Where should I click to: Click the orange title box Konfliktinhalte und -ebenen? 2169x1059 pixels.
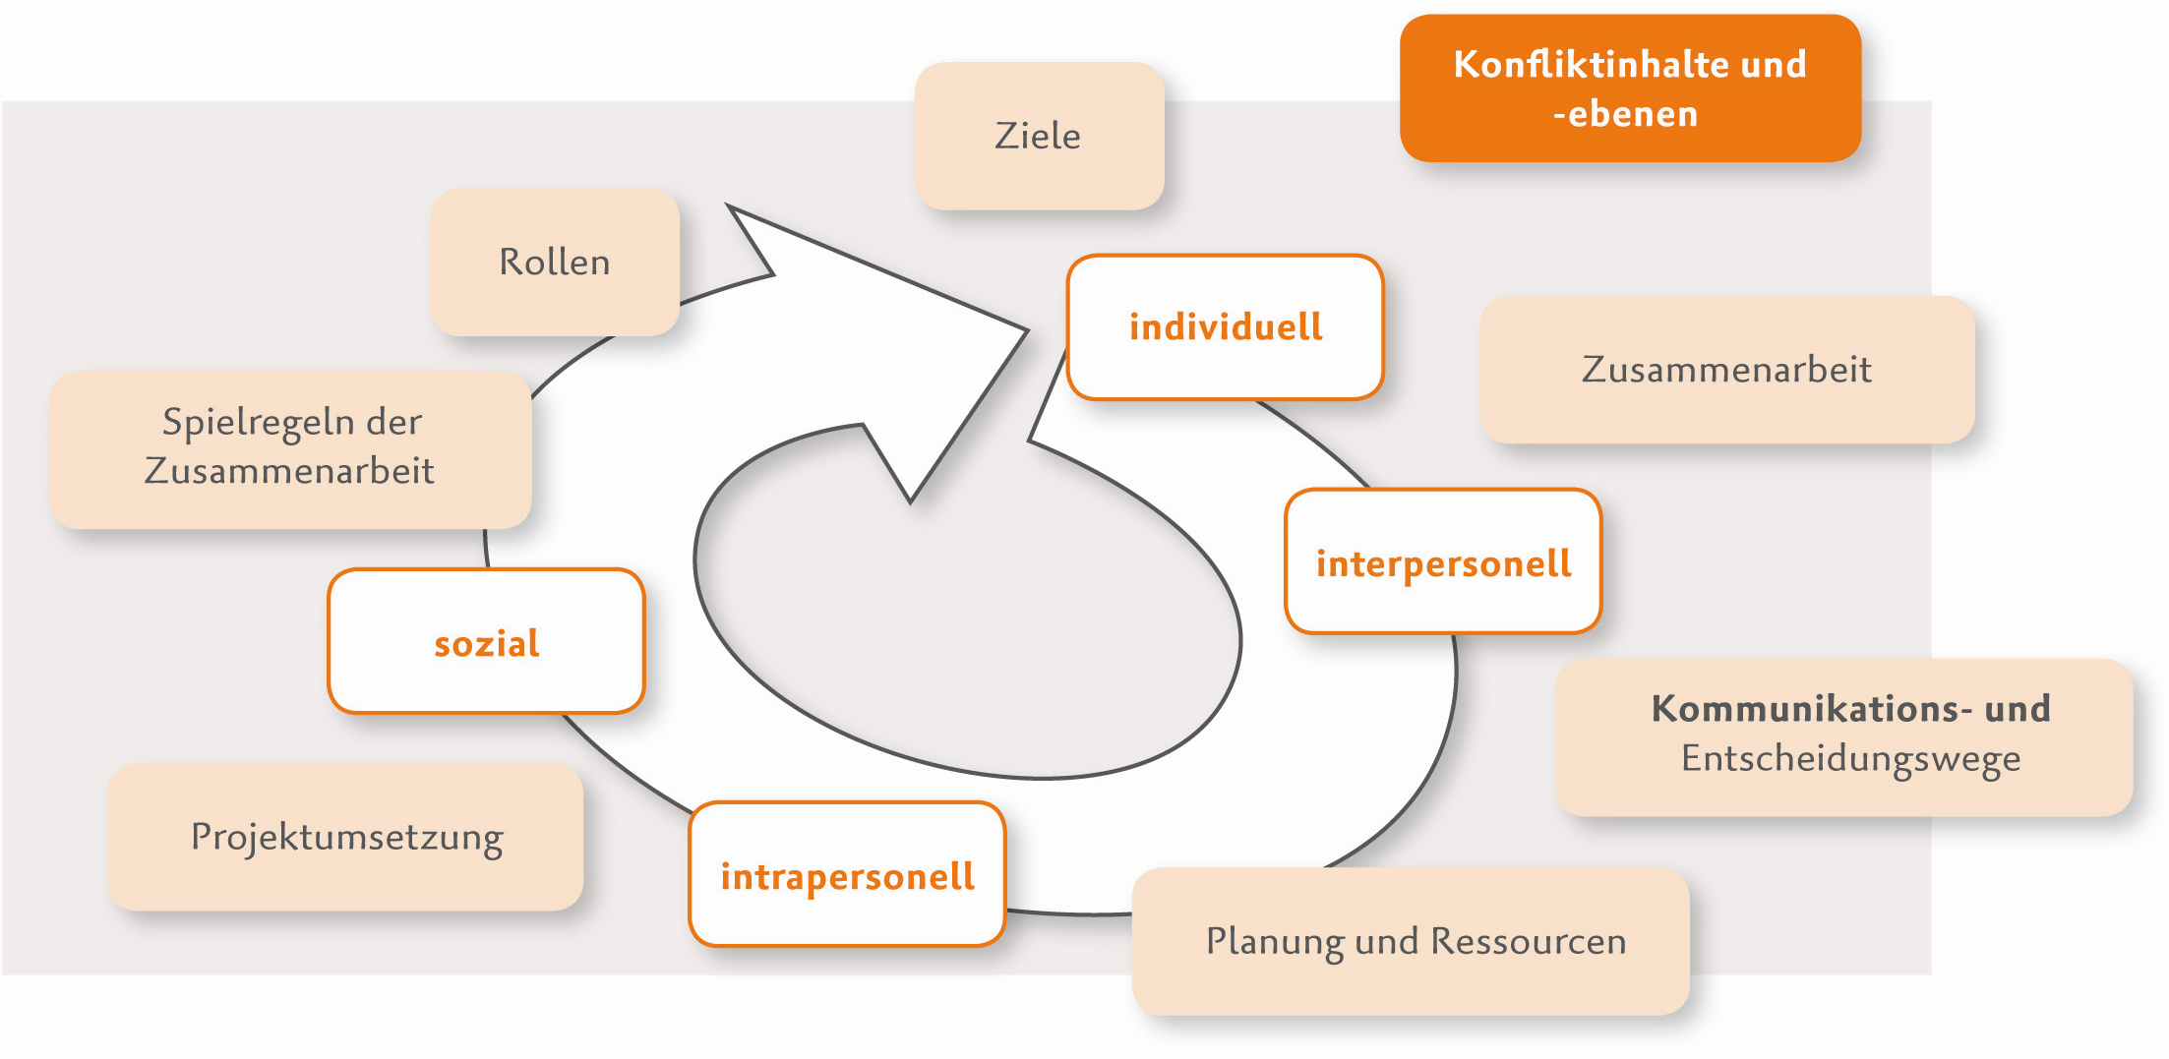coord(1630,88)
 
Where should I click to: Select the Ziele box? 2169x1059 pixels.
coord(1039,136)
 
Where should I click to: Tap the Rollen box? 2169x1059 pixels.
coord(555,263)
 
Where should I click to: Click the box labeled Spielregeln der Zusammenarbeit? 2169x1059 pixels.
coord(291,448)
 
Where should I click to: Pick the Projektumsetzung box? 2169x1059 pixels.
coord(345,837)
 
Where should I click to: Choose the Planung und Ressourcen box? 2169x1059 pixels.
coord(1411,941)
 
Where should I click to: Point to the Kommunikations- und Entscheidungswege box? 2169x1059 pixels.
coord(1843,736)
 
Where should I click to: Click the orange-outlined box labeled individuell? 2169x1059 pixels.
coord(1226,327)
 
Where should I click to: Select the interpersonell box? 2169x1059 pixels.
coord(1443,561)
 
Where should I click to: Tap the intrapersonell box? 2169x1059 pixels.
coord(847,875)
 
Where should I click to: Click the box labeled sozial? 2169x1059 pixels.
coord(486,642)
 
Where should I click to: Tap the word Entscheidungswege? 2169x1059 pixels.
coord(1850,759)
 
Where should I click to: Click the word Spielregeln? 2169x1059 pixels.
coord(258,423)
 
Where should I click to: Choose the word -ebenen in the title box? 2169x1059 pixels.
coord(1626,114)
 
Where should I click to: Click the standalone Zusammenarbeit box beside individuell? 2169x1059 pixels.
coord(1726,370)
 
